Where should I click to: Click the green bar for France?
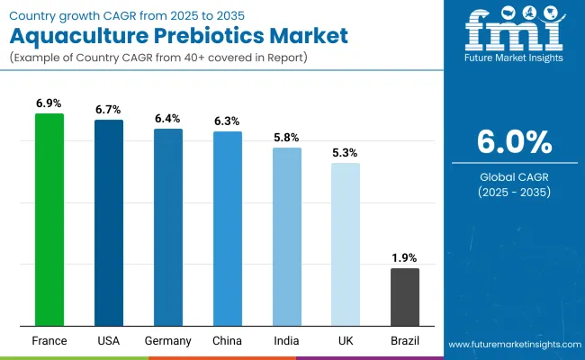49,220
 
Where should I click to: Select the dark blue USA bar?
109,222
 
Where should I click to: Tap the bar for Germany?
168,227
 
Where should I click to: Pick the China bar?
228,229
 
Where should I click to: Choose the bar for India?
287,237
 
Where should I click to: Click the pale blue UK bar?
346,244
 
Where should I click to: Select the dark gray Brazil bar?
405,297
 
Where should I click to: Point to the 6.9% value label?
49,104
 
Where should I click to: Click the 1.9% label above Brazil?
405,258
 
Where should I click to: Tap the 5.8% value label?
287,138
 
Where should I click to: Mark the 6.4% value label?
168,119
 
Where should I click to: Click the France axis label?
49,341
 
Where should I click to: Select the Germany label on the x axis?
168,341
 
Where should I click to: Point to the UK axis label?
346,341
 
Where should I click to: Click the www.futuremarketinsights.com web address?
513,345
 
